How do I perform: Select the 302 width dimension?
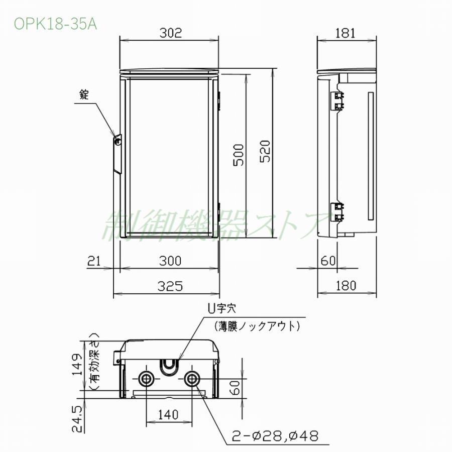169,33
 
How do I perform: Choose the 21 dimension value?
95,261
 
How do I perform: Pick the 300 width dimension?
169,261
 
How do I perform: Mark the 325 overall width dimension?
169,286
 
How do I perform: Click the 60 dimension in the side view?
327,261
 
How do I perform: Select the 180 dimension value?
346,286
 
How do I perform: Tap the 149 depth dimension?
76,365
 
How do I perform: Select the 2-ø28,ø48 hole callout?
275,435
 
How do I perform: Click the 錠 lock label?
83,94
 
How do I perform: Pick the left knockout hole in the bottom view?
147,379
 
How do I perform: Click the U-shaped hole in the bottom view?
169,366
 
